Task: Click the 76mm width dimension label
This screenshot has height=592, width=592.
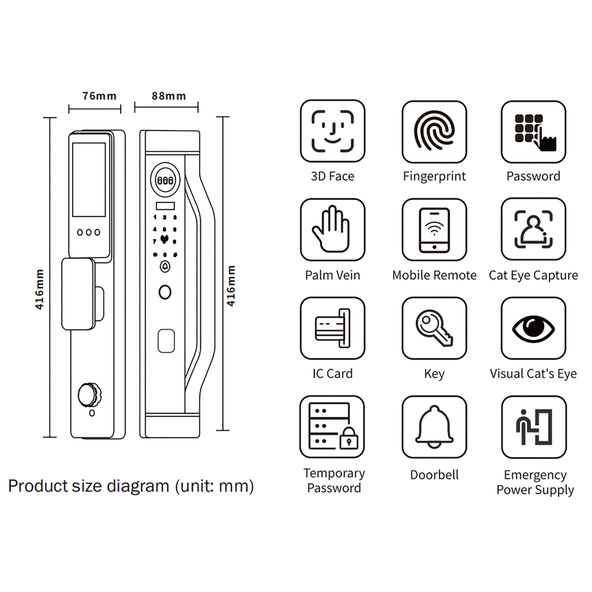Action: click(x=99, y=96)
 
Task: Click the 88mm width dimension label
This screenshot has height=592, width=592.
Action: click(x=169, y=96)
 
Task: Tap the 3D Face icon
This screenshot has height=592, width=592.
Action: click(x=332, y=131)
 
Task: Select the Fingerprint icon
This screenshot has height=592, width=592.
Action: click(x=434, y=131)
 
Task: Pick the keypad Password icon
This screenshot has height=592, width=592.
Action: click(x=534, y=132)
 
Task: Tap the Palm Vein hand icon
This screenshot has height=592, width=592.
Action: click(x=332, y=229)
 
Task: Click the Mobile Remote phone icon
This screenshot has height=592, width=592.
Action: click(x=434, y=229)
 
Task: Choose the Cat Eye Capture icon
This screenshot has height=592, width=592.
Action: click(x=534, y=229)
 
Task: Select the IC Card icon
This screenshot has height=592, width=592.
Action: click(x=332, y=328)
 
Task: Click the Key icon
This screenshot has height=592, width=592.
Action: click(x=434, y=328)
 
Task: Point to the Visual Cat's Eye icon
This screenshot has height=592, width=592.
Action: click(x=534, y=328)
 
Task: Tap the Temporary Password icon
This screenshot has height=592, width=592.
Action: click(x=332, y=427)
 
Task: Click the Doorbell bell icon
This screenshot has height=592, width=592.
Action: click(x=434, y=427)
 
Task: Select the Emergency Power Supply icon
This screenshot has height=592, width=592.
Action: click(x=534, y=427)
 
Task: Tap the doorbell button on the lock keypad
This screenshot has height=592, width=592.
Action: click(x=165, y=267)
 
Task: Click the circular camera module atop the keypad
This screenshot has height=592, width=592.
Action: click(x=165, y=180)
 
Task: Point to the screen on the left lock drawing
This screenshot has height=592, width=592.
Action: click(x=89, y=180)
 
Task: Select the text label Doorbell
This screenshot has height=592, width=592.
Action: click(x=434, y=474)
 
